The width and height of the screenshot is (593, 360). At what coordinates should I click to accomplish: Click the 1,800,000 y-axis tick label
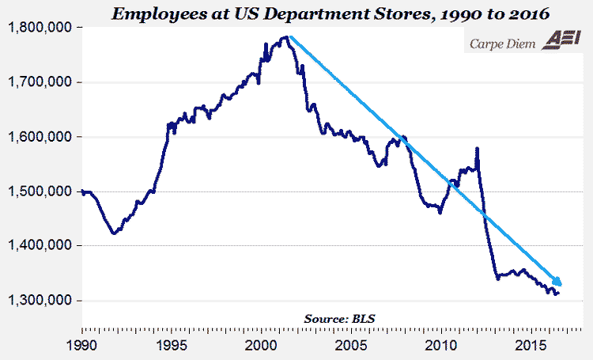[42, 28]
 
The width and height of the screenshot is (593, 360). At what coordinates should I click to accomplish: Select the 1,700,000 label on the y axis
[42, 82]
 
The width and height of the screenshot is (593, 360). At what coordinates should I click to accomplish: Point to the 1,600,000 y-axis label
[42, 137]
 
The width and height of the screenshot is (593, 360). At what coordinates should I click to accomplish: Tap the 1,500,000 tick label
[42, 191]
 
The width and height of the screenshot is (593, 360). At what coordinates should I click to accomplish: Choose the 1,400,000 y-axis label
[42, 246]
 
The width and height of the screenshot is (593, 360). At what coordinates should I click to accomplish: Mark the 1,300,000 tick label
[42, 301]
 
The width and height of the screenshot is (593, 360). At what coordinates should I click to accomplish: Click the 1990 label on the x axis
[81, 345]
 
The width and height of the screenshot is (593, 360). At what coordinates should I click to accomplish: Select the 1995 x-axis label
[172, 345]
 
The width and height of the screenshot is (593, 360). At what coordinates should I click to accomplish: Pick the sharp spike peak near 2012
[477, 148]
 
